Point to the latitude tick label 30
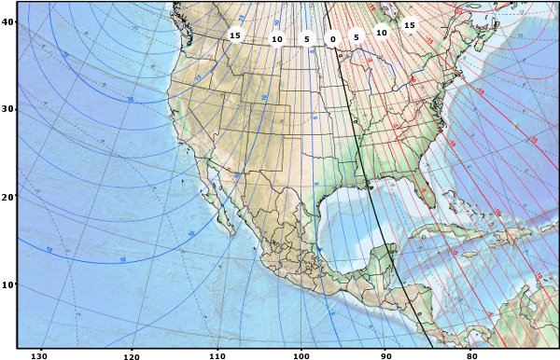(x=8, y=109)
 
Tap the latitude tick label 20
(x=8, y=197)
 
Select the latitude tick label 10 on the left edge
(x=8, y=284)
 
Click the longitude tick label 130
(x=40, y=354)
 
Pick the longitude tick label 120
(x=131, y=354)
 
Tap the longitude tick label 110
(x=217, y=354)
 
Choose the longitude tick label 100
(x=301, y=354)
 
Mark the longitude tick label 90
(x=385, y=354)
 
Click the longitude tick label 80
(x=471, y=354)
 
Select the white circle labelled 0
(x=331, y=39)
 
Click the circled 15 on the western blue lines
(x=235, y=35)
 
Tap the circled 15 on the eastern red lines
(x=410, y=25)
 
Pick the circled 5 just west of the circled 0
(x=306, y=39)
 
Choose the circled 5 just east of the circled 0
(x=356, y=36)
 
